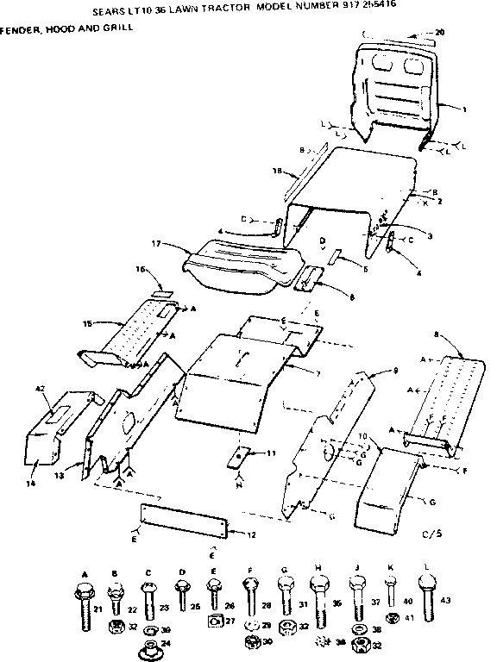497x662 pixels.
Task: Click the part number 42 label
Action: pyautogui.click(x=40, y=390)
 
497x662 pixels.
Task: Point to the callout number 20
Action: pyautogui.click(x=440, y=33)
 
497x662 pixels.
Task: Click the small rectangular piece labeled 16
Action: pyautogui.click(x=160, y=295)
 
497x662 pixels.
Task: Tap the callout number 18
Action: pyautogui.click(x=278, y=172)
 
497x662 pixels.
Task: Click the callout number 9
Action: pyautogui.click(x=395, y=369)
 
